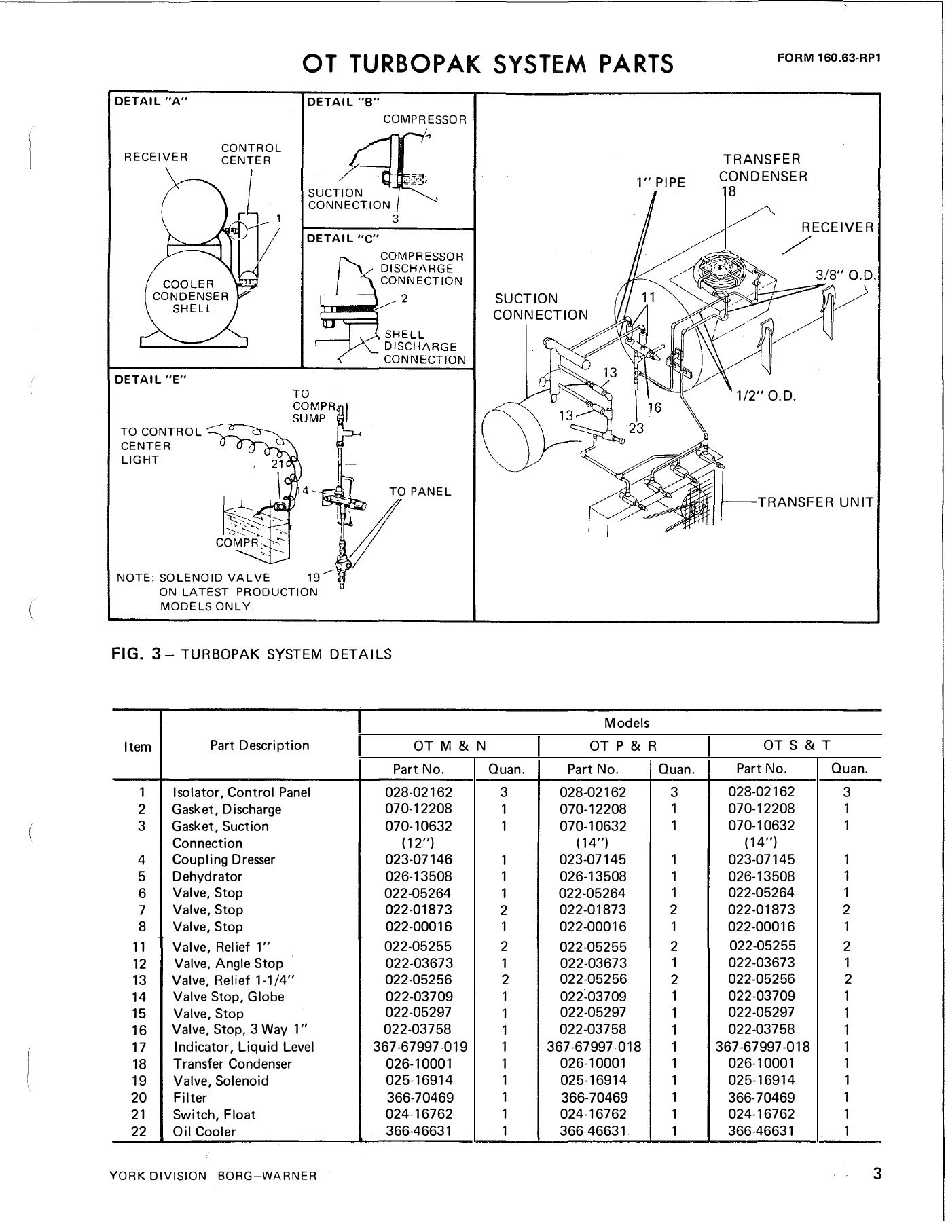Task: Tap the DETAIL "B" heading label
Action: coord(343,103)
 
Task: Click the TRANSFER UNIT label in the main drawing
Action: coord(815,502)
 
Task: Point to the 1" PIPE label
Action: coord(661,183)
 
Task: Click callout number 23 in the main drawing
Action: coord(636,428)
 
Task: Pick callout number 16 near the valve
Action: coord(654,407)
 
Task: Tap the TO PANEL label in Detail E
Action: coord(420,492)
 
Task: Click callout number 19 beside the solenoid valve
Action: coord(313,578)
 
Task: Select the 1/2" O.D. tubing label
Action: coord(765,395)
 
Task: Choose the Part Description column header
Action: coord(259,745)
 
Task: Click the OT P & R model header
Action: coord(623,745)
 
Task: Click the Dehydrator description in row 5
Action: coord(207,876)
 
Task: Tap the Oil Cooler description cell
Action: coord(204,1132)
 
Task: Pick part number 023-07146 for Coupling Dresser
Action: coord(418,859)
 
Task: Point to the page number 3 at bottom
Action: coord(877,1174)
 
